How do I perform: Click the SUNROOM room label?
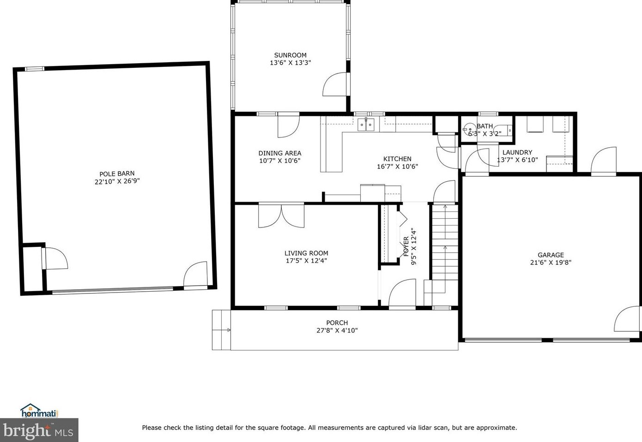tap(291, 55)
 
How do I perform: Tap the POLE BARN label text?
tap(117, 174)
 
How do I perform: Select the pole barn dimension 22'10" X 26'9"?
tap(117, 181)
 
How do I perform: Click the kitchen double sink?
tap(366, 125)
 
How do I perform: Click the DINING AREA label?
tap(280, 153)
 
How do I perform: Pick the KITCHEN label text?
tap(397, 159)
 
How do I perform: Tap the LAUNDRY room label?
tap(517, 152)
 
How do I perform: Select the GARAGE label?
tap(551, 255)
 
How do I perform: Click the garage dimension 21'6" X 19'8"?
tap(551, 263)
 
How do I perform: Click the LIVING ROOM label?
tap(306, 253)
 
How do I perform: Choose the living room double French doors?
tap(281, 215)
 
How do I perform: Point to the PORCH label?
tap(337, 323)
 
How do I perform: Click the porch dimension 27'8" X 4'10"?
tap(337, 330)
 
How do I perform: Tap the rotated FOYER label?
tap(406, 246)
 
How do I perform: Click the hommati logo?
tap(39, 411)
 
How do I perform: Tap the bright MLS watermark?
tap(39, 430)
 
